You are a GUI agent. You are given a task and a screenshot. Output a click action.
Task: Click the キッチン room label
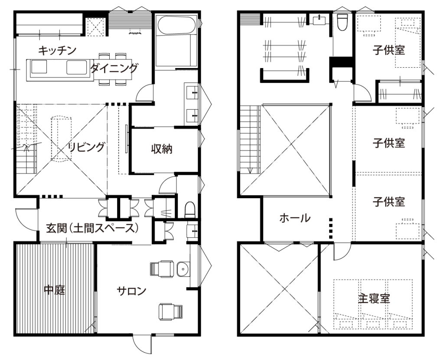[x=57, y=50]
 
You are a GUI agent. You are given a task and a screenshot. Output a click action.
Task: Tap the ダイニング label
[x=114, y=69]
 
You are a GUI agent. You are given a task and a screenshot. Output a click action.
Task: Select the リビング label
[x=87, y=147]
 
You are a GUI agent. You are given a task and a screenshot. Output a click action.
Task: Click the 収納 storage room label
[x=162, y=149]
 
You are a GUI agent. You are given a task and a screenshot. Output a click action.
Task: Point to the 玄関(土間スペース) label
[x=92, y=228]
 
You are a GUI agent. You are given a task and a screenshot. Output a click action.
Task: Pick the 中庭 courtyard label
[x=55, y=290]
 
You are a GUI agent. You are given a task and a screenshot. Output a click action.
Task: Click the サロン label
[x=132, y=291]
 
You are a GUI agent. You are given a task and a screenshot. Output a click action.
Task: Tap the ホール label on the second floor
[x=295, y=218]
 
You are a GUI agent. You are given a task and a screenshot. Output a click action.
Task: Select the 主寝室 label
[x=374, y=298]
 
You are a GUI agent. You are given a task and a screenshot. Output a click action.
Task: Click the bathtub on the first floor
[x=176, y=25]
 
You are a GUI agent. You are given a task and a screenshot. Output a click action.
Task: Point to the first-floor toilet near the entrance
[x=190, y=209]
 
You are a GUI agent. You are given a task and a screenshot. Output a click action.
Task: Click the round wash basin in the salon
[x=183, y=268]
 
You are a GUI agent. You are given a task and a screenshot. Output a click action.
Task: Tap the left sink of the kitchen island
[x=39, y=67]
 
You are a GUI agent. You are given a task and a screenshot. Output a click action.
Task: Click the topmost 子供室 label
[x=388, y=50]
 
